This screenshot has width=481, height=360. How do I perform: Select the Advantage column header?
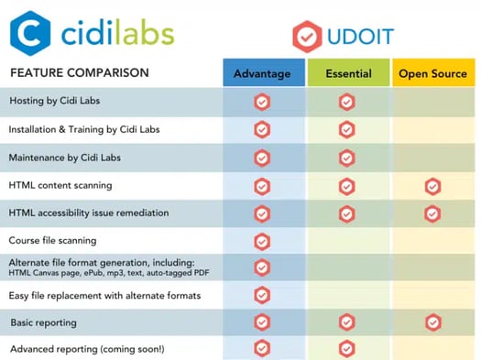point(262,73)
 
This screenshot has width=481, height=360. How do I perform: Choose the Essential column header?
point(346,73)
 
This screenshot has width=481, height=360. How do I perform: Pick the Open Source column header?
point(432,73)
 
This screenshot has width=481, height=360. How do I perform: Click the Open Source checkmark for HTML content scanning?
point(432,187)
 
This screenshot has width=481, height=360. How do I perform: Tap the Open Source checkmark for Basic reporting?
point(432,322)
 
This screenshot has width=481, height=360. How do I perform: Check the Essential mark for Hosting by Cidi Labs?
point(346,102)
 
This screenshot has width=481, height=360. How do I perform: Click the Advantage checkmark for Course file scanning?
point(262,241)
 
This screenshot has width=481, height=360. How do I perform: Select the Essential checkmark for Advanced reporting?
point(346,348)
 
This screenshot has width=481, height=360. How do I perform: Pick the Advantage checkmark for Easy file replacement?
point(262,295)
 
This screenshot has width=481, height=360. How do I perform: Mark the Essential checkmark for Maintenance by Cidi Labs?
point(346,158)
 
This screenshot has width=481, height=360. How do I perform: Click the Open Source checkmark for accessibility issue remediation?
point(432,213)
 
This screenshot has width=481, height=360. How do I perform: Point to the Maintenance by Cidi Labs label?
point(64,158)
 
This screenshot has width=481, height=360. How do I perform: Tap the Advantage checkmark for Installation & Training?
point(262,129)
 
